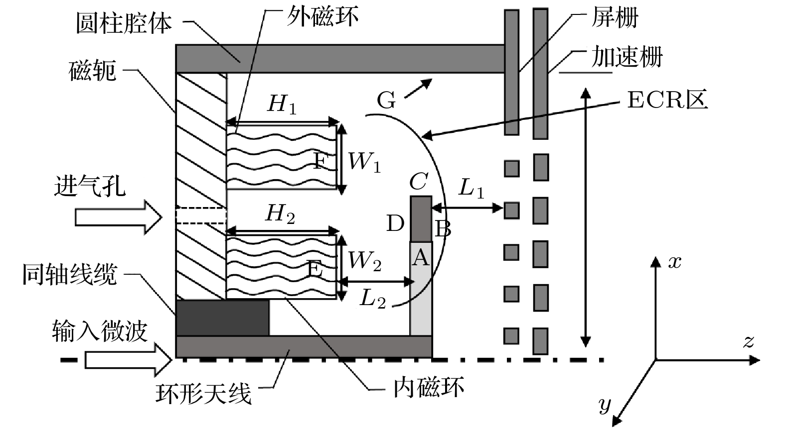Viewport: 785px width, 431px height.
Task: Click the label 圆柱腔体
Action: (124, 23)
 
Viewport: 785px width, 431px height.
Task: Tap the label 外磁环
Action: (322, 16)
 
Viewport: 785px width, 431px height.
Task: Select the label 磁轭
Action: (92, 71)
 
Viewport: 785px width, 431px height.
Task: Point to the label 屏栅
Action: (615, 17)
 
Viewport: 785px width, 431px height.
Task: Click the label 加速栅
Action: (627, 57)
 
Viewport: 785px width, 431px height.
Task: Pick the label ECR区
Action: (667, 100)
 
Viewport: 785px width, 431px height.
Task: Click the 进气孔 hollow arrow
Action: (119, 217)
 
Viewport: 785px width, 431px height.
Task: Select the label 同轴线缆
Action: (70, 275)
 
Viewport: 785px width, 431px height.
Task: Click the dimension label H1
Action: (282, 104)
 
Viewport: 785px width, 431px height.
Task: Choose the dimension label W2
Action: (364, 261)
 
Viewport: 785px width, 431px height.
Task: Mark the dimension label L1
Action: (471, 188)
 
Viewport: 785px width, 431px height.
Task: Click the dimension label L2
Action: (372, 299)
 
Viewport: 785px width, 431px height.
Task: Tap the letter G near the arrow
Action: (386, 100)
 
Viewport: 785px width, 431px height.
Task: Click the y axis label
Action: (605, 404)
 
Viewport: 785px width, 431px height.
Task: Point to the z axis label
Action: (748, 341)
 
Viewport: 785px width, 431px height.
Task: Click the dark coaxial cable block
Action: (223, 318)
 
